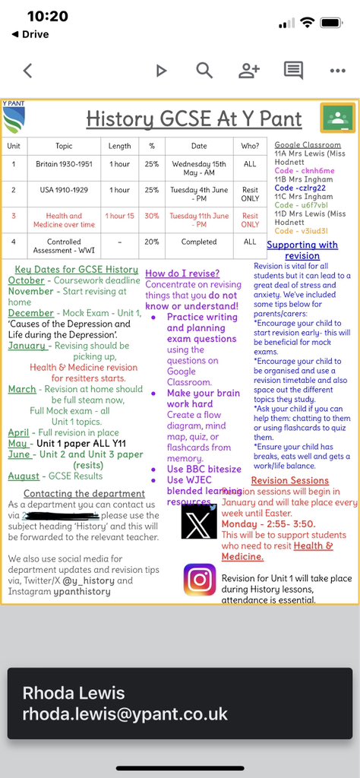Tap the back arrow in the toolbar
click(x=27, y=71)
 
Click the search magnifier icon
click(x=204, y=71)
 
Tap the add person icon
click(x=248, y=71)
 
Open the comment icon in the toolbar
click(x=293, y=71)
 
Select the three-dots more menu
click(x=337, y=71)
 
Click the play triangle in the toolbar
click(x=161, y=71)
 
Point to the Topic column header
click(x=64, y=146)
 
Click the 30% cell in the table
click(x=152, y=220)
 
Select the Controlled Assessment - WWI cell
click(x=64, y=247)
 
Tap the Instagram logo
click(x=199, y=579)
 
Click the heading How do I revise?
click(x=182, y=273)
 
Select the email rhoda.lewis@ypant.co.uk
click(x=125, y=714)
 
